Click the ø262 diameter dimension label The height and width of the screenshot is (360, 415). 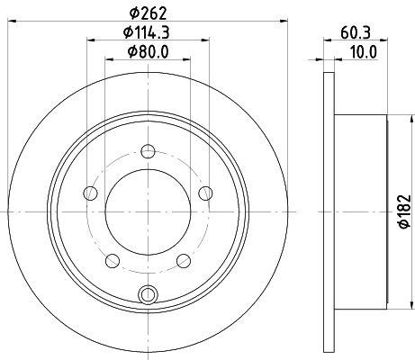(x=148, y=13)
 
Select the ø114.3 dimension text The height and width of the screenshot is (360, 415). (x=147, y=32)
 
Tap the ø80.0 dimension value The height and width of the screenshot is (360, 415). (x=148, y=51)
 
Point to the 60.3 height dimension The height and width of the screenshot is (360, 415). (x=356, y=32)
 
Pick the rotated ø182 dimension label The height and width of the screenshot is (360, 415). (x=405, y=211)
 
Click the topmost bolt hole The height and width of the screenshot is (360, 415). (x=148, y=151)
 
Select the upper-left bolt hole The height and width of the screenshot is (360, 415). (x=90, y=193)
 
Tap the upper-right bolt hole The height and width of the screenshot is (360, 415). (x=205, y=193)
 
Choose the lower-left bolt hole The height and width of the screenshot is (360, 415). (x=113, y=261)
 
